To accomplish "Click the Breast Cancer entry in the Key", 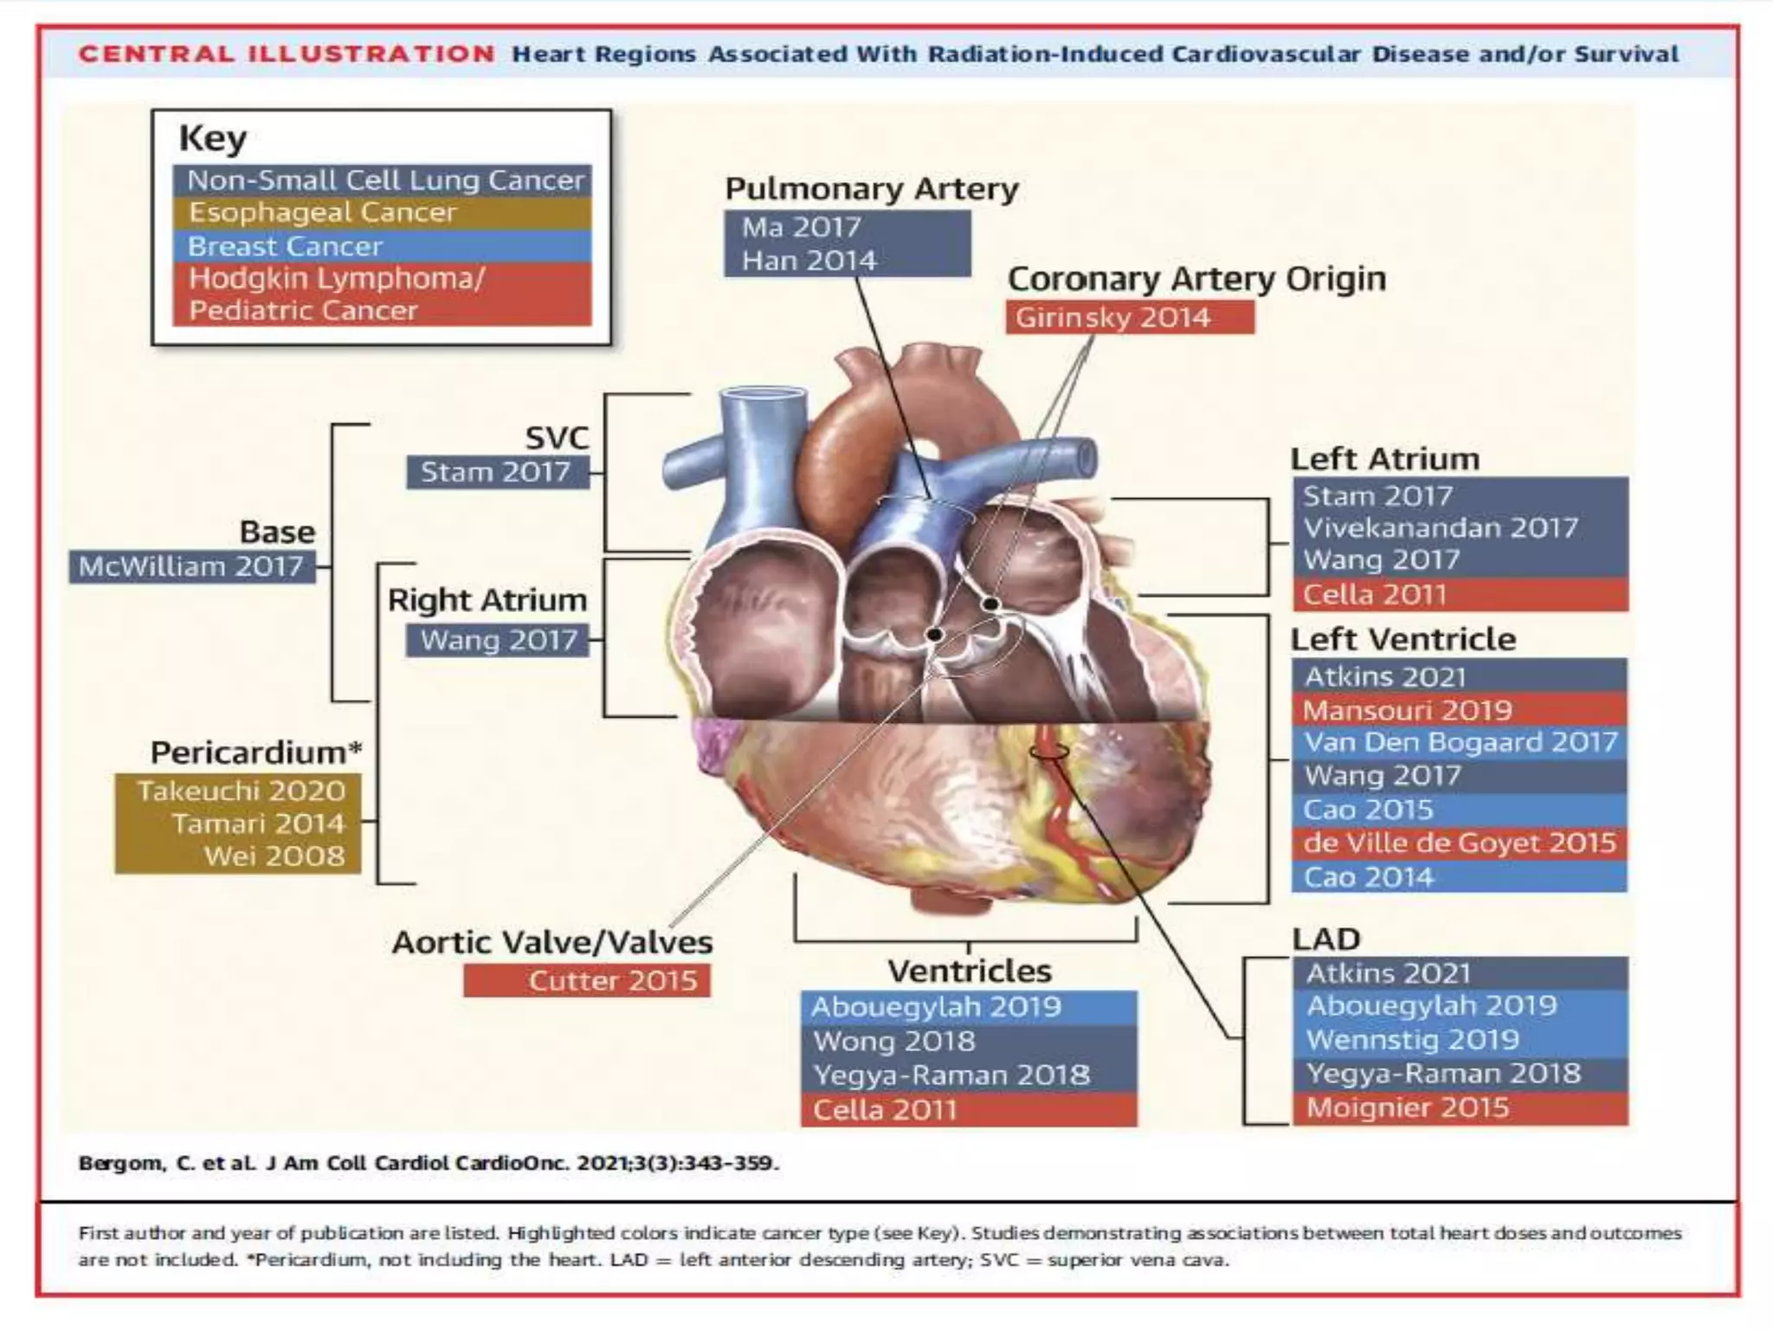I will point(285,247).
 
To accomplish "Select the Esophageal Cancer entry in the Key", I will point(322,213).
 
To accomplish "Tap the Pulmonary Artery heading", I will point(871,189).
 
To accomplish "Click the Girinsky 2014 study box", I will point(1112,318).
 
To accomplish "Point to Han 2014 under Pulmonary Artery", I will point(809,261).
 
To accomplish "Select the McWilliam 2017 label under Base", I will point(191,567).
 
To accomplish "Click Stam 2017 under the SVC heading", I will point(495,473).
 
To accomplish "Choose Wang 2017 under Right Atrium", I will point(499,641).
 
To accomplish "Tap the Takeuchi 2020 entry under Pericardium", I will point(241,791).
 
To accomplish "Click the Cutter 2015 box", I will point(612,981).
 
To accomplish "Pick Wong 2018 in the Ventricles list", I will point(893,1042).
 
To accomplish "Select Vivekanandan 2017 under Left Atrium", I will point(1441,528).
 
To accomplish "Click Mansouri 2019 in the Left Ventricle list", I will point(1408,711).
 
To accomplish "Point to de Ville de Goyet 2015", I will point(1460,843).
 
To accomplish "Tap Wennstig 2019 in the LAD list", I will point(1412,1040).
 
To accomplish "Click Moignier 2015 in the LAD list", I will point(1408,1108).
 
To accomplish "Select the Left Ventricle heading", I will point(1403,640).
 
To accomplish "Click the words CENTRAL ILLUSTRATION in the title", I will point(287,55).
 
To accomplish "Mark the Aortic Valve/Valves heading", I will point(552,942).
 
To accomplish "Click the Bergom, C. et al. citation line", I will point(429,1163).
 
